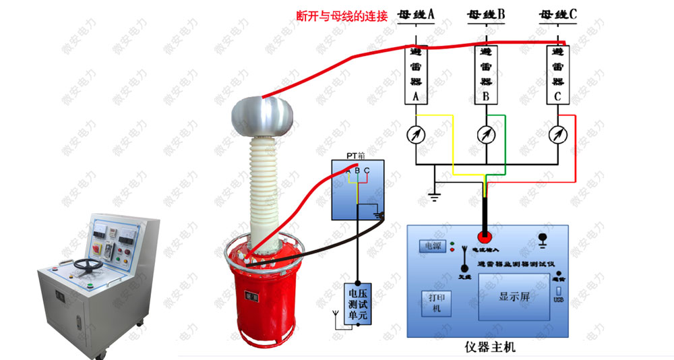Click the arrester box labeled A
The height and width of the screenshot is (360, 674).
pyautogui.click(x=416, y=74)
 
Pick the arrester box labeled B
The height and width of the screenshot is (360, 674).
pyautogui.click(x=486, y=74)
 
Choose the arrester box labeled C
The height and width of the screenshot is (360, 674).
pyautogui.click(x=557, y=74)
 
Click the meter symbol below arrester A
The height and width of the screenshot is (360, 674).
pyautogui.click(x=416, y=134)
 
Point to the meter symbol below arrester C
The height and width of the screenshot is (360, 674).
pyautogui.click(x=557, y=134)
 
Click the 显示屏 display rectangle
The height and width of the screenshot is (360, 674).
pyautogui.click(x=512, y=296)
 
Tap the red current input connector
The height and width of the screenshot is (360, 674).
pyautogui.click(x=485, y=237)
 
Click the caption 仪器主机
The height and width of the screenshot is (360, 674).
pyautogui.click(x=489, y=348)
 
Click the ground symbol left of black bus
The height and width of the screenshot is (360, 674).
pyautogui.click(x=435, y=196)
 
